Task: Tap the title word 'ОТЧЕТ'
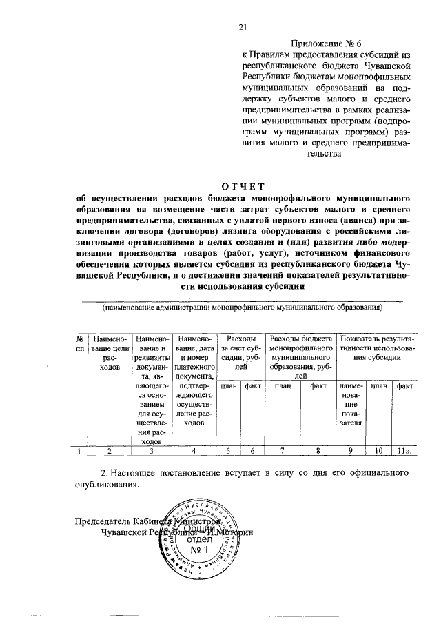[x=242, y=185]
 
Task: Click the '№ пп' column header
[x=80, y=344]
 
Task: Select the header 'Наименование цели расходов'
[x=110, y=353]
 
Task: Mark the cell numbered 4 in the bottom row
[x=194, y=452]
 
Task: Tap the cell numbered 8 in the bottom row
[x=318, y=452]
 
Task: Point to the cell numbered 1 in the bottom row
[x=80, y=452]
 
